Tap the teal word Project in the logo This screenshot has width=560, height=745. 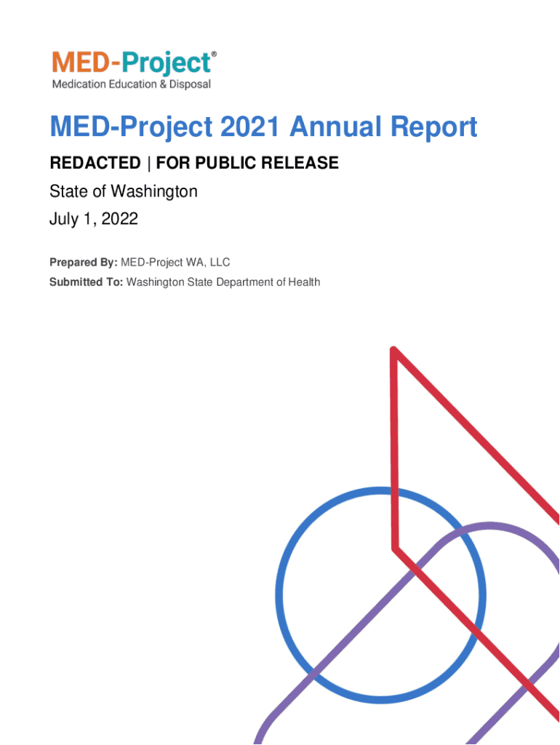pos(166,64)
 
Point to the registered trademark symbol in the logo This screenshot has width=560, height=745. pos(214,54)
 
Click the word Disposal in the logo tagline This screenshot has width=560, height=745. pos(190,84)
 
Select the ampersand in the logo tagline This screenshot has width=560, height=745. pos(163,84)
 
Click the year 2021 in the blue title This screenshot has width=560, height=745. pos(250,127)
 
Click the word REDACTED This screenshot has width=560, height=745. pos(95,163)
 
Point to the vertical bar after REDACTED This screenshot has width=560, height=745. pos(148,164)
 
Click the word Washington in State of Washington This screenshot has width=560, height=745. pos(154,192)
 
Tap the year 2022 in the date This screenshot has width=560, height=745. pos(120,218)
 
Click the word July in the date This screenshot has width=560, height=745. pos(64,220)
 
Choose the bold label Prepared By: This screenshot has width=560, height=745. pos(84,262)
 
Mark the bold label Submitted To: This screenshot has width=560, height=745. pos(87,282)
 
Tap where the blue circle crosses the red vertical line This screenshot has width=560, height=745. pos(393,491)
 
